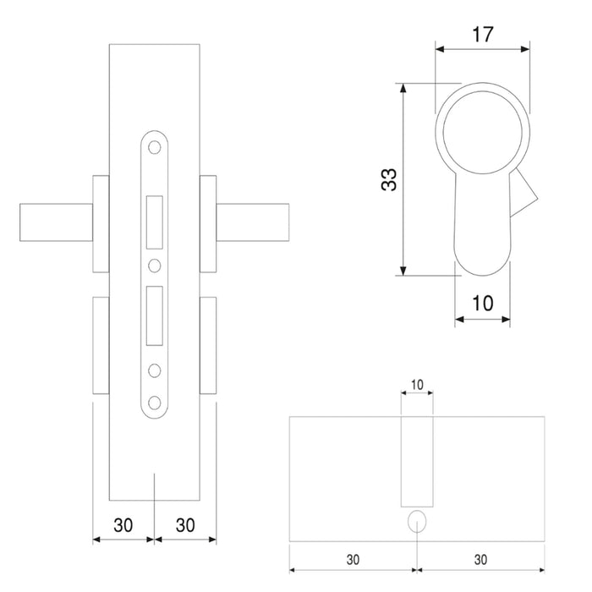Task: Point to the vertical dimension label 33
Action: [388, 179]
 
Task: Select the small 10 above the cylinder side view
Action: [417, 385]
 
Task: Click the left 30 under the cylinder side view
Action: [354, 560]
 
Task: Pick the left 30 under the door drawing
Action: [123, 524]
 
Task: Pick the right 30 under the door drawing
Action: [186, 524]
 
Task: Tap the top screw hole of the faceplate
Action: [155, 148]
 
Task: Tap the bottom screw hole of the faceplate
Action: [155, 401]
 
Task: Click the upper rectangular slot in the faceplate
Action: [155, 222]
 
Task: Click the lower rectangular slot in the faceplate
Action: [155, 315]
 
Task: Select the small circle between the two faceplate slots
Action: [155, 266]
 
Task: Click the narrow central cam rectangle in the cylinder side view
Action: [417, 461]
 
